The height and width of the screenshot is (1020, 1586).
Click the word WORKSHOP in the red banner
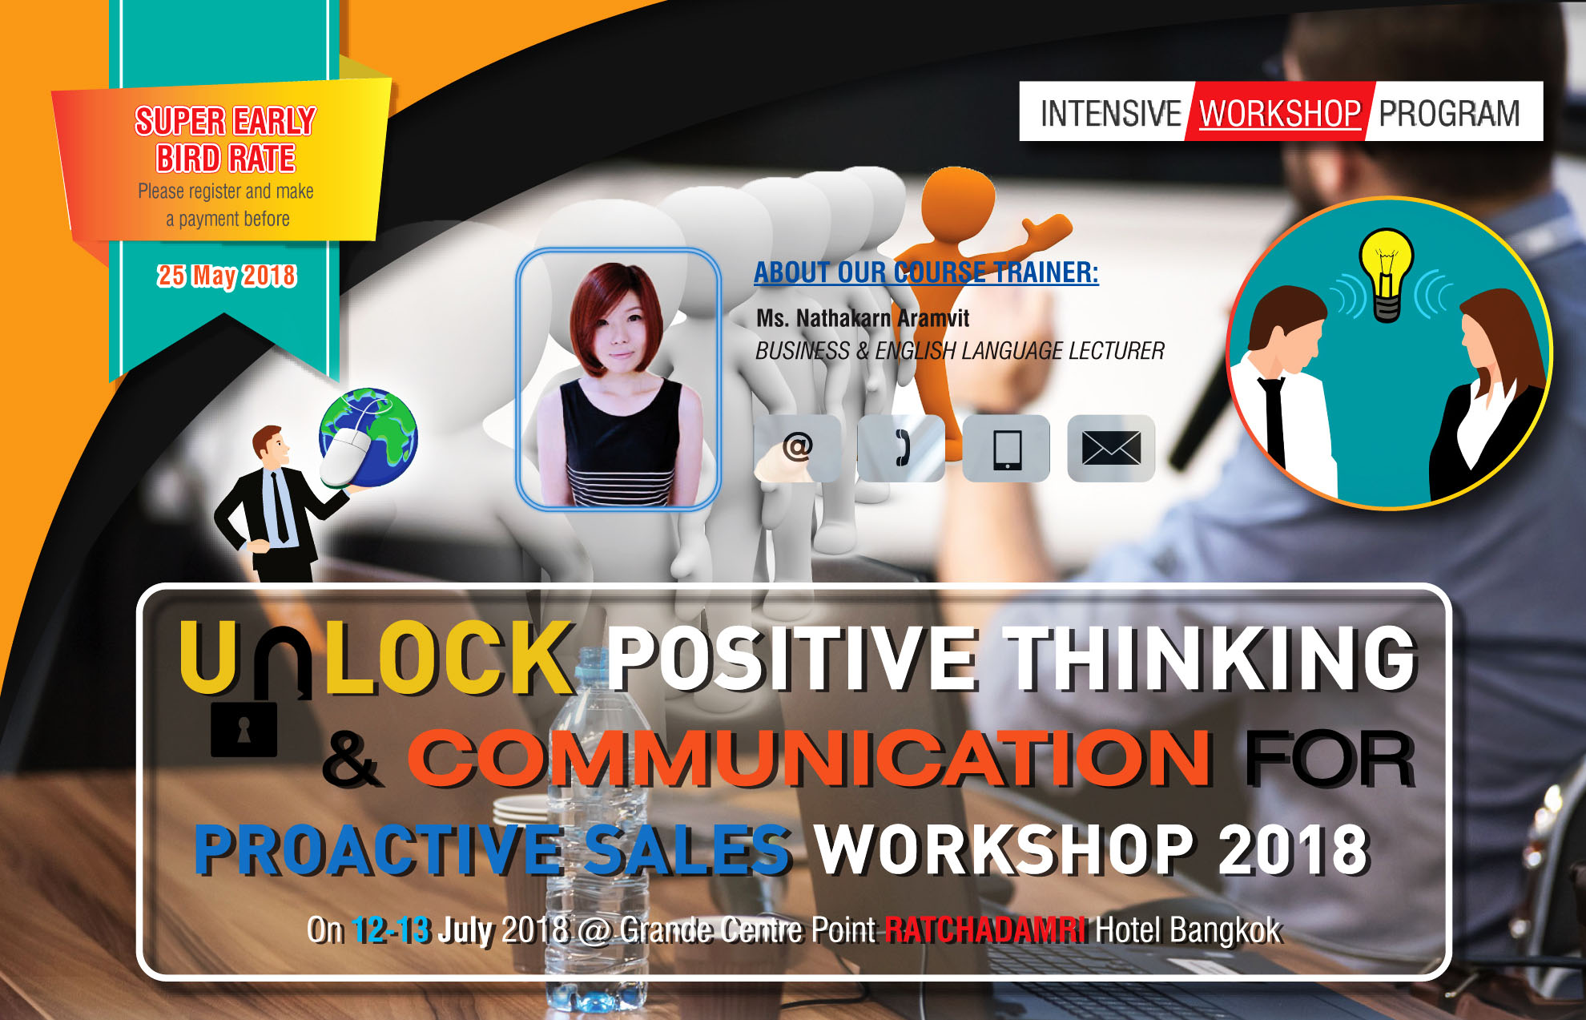click(x=1279, y=113)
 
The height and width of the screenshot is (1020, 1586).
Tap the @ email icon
click(x=798, y=447)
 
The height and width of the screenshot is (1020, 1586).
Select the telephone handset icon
click(x=902, y=448)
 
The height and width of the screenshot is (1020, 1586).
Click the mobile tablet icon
click(x=1007, y=449)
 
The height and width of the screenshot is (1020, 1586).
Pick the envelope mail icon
click(x=1111, y=448)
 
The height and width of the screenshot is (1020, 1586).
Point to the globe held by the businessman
click(x=369, y=437)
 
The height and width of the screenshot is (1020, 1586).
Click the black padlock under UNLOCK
click(x=244, y=729)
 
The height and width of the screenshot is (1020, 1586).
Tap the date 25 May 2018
click(x=227, y=276)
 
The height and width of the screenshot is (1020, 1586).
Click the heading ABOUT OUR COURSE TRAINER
click(x=926, y=272)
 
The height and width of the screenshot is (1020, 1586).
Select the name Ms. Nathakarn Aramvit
click(x=863, y=318)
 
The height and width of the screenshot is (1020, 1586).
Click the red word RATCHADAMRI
click(x=986, y=930)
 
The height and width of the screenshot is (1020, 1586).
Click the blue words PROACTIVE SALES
click(x=493, y=849)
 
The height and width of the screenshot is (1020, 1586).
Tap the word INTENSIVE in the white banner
click(x=1110, y=113)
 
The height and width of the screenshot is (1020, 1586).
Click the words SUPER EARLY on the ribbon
click(x=225, y=121)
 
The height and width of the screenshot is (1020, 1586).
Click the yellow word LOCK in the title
click(x=449, y=657)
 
